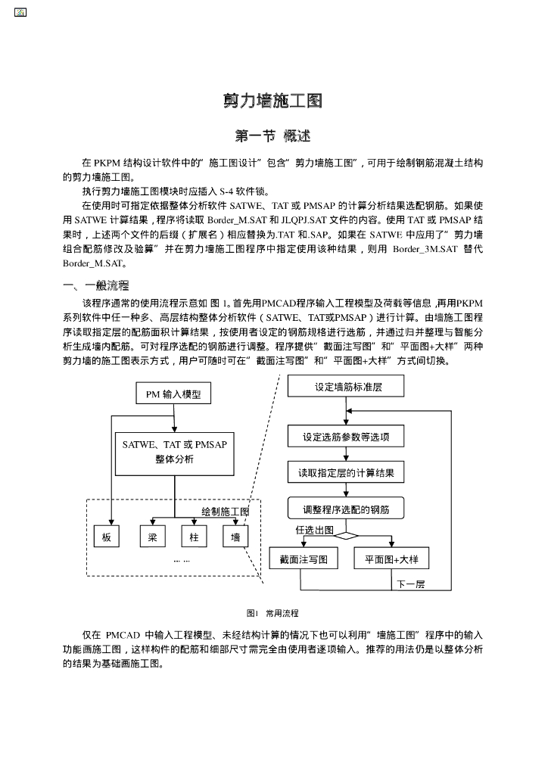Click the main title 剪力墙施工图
pos(273,101)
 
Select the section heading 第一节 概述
pos(273,136)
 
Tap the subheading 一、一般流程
pos(95,285)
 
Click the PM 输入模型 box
pos(173,394)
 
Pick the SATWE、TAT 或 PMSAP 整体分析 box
pos(174,453)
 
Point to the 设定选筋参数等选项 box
pos(346,437)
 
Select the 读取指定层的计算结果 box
pos(346,474)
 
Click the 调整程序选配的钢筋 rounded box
pos(346,509)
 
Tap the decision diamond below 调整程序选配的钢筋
pos(346,535)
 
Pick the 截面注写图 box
pos(303,559)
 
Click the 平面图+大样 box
pos(391,559)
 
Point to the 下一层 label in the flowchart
pos(411,584)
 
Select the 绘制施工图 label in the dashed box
pos(225,512)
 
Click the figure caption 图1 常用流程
pos(272,613)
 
